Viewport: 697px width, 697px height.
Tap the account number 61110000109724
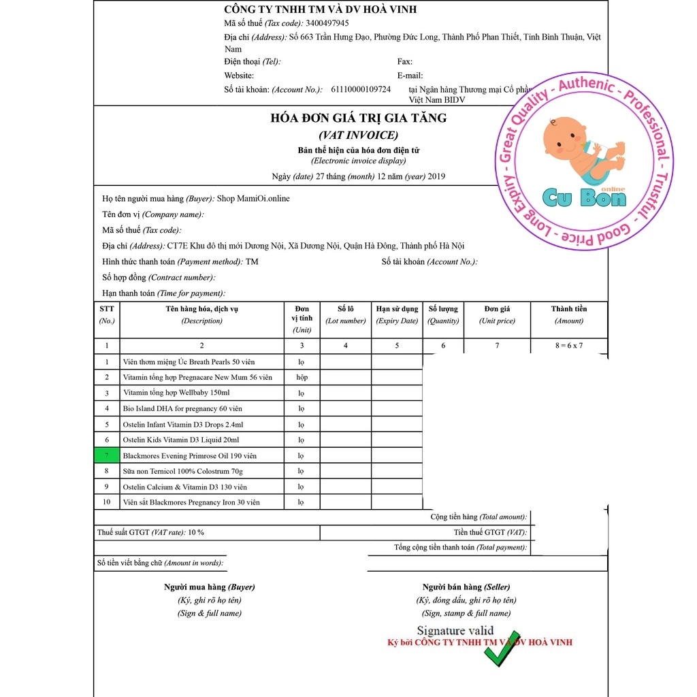(x=361, y=89)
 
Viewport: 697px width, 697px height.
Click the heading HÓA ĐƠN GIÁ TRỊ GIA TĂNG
(x=359, y=118)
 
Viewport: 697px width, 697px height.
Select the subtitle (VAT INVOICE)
(x=359, y=135)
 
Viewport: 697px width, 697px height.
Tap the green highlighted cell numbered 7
(x=107, y=455)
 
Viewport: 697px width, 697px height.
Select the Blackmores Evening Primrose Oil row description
(x=190, y=455)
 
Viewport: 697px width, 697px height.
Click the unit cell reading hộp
(x=302, y=377)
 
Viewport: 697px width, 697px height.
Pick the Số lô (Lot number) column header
(x=346, y=314)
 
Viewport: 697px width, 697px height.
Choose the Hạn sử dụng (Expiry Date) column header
(x=397, y=314)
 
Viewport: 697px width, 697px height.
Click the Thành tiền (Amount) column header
(x=569, y=314)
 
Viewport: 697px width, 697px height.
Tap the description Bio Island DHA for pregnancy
(x=182, y=408)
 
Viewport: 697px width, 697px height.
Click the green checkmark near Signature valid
(x=502, y=649)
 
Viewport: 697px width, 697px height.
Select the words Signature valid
(x=455, y=631)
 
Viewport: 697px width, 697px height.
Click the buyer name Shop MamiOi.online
(x=253, y=199)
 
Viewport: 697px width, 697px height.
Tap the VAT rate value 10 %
(x=197, y=532)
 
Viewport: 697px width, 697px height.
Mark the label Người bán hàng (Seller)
(x=466, y=587)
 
